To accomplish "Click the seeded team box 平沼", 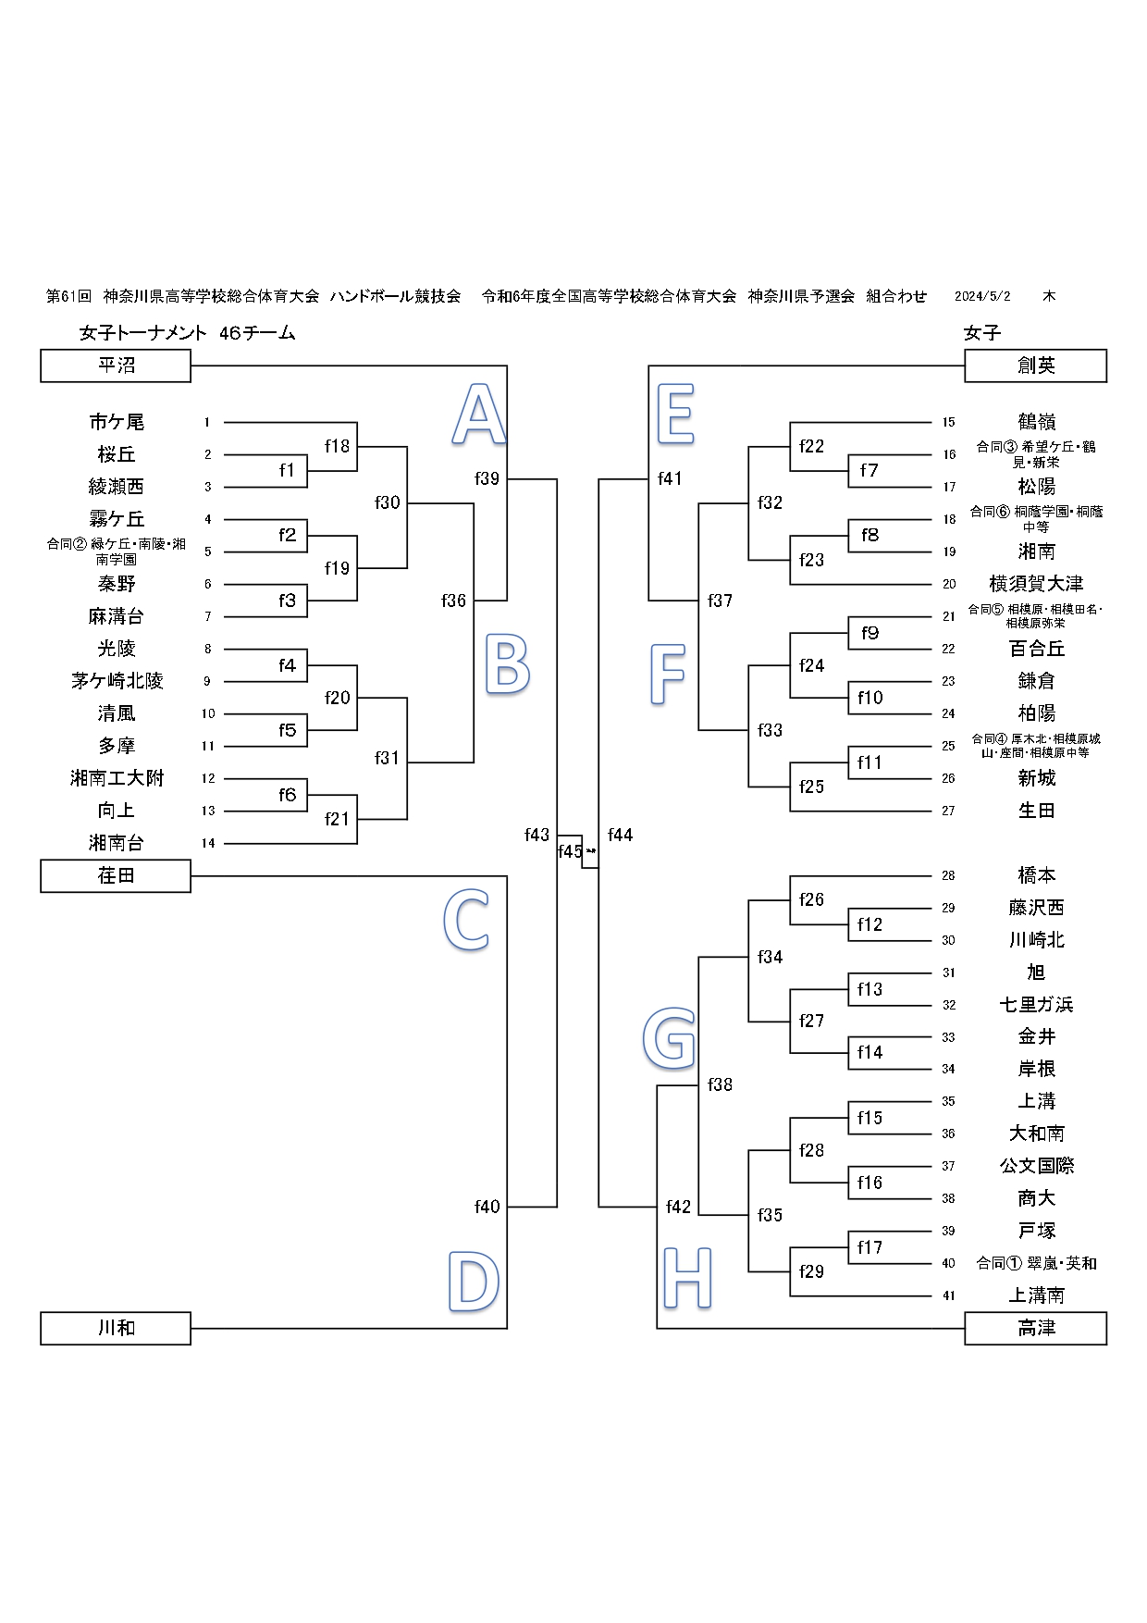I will [116, 365].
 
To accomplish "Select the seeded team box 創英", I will [1035, 365].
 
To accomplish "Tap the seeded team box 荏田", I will [116, 875].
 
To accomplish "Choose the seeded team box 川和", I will [116, 1328].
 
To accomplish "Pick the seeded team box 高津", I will [1035, 1328].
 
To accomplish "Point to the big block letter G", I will [669, 1038].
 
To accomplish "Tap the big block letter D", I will [474, 1281].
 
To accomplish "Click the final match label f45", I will [570, 851].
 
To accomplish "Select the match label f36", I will [453, 601].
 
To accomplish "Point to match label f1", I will [287, 470].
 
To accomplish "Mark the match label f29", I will [811, 1271].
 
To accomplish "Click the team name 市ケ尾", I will [117, 422].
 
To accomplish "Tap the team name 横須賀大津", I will [1036, 584].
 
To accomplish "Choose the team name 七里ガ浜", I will [1036, 1005].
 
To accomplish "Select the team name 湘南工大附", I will [117, 778].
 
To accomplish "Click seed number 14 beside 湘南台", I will [208, 843].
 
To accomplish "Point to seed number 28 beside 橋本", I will [948, 875].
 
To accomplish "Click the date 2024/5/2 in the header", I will [982, 296].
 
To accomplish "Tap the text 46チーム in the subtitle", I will [257, 333].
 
